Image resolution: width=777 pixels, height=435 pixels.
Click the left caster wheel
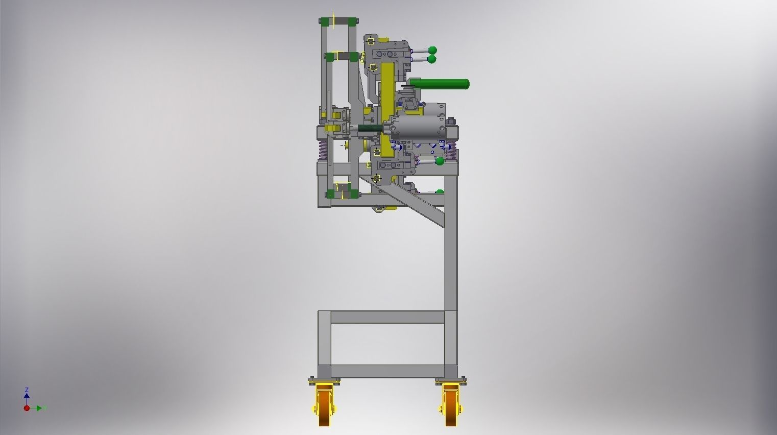point(324,406)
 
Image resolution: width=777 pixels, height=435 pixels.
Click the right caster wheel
point(450,406)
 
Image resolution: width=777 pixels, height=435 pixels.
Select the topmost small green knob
point(432,50)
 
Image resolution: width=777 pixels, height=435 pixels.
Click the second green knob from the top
point(431,59)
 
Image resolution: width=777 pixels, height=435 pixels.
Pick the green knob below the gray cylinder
point(440,161)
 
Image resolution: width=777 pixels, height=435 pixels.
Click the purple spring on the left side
point(323,149)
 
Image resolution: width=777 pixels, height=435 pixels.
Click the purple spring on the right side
point(450,149)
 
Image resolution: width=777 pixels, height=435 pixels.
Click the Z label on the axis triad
point(27,390)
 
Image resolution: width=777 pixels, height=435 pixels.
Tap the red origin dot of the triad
point(27,408)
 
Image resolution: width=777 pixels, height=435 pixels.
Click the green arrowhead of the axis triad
point(40,408)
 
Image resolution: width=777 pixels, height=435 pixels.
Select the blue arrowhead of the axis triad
point(27,395)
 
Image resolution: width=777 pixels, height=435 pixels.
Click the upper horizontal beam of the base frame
point(387,317)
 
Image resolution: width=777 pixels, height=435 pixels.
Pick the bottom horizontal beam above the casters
point(387,371)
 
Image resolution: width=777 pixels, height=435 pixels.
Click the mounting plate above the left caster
point(324,381)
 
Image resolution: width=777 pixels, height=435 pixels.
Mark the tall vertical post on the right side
point(450,245)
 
